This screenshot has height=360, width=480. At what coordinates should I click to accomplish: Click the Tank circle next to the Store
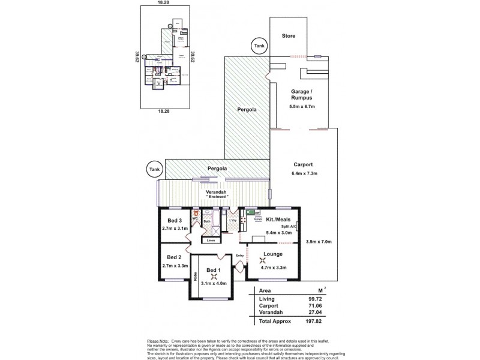click(259, 46)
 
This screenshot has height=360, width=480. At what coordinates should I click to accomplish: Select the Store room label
click(289, 36)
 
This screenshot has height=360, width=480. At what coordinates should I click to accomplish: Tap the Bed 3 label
click(175, 220)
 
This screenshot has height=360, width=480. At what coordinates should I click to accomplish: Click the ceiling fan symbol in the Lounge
click(262, 260)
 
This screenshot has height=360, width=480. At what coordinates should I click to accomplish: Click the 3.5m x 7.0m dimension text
click(319, 242)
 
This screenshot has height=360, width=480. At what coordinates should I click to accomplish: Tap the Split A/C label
click(290, 226)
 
